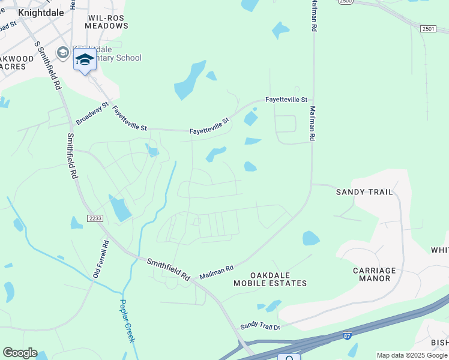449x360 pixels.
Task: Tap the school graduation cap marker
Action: [85, 60]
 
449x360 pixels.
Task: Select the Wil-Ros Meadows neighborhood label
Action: [104, 22]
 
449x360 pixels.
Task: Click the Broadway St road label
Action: [92, 113]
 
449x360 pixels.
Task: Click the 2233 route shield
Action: [95, 218]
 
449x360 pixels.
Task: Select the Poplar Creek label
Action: [127, 321]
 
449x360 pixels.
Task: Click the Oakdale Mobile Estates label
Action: [270, 278]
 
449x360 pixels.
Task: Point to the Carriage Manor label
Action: [375, 274]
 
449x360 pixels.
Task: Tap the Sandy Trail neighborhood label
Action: [364, 192]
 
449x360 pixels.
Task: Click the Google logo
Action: [19, 353]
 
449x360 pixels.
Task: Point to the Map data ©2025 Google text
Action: [412, 355]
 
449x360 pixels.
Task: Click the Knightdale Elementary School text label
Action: [107, 54]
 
